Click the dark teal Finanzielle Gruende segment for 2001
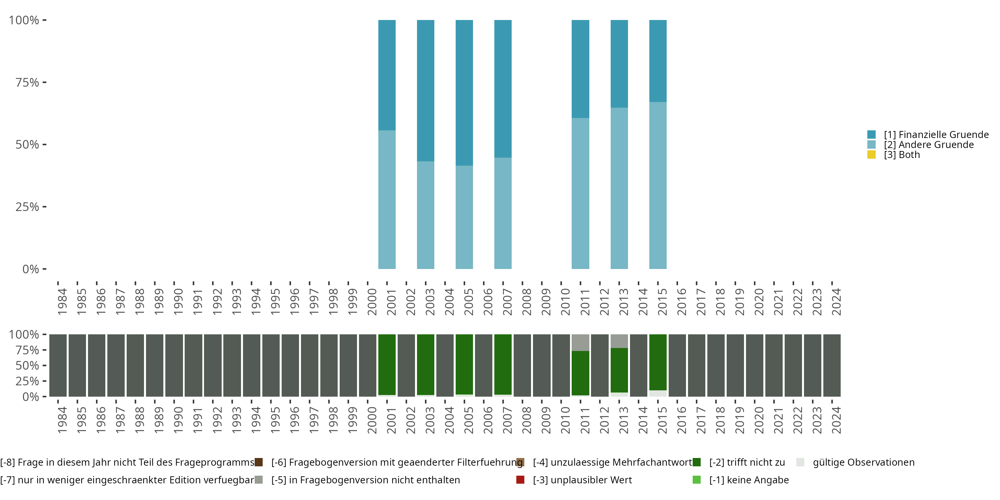click(x=387, y=75)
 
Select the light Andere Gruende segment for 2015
click(x=658, y=185)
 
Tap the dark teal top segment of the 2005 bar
click(x=464, y=92)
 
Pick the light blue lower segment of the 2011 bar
click(x=580, y=193)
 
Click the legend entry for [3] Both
click(x=901, y=155)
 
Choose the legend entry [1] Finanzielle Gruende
click(x=936, y=135)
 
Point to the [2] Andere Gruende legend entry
click(x=929, y=145)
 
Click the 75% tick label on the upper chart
click(x=27, y=82)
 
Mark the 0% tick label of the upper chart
click(x=31, y=269)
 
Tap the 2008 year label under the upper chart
click(x=526, y=302)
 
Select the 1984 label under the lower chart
click(x=62, y=420)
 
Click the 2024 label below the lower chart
click(x=836, y=420)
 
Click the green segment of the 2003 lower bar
click(x=425, y=364)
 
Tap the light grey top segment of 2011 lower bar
click(x=580, y=342)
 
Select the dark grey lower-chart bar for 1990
click(x=174, y=365)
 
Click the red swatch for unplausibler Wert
click(x=520, y=480)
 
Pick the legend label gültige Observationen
click(x=863, y=462)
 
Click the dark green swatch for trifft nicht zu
click(x=696, y=462)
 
